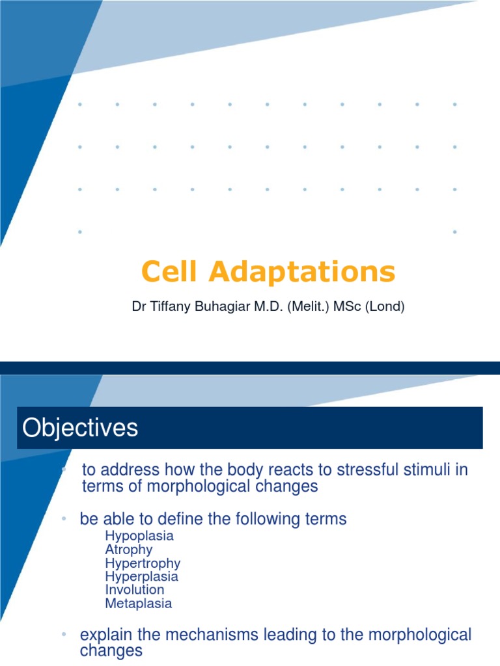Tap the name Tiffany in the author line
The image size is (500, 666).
168,306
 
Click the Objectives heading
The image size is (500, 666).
81,428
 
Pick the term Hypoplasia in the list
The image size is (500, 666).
139,537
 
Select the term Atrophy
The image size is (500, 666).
129,550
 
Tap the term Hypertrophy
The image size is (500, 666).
143,563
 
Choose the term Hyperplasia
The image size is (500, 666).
141,576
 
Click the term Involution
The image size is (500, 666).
135,590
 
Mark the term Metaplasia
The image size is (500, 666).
139,604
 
